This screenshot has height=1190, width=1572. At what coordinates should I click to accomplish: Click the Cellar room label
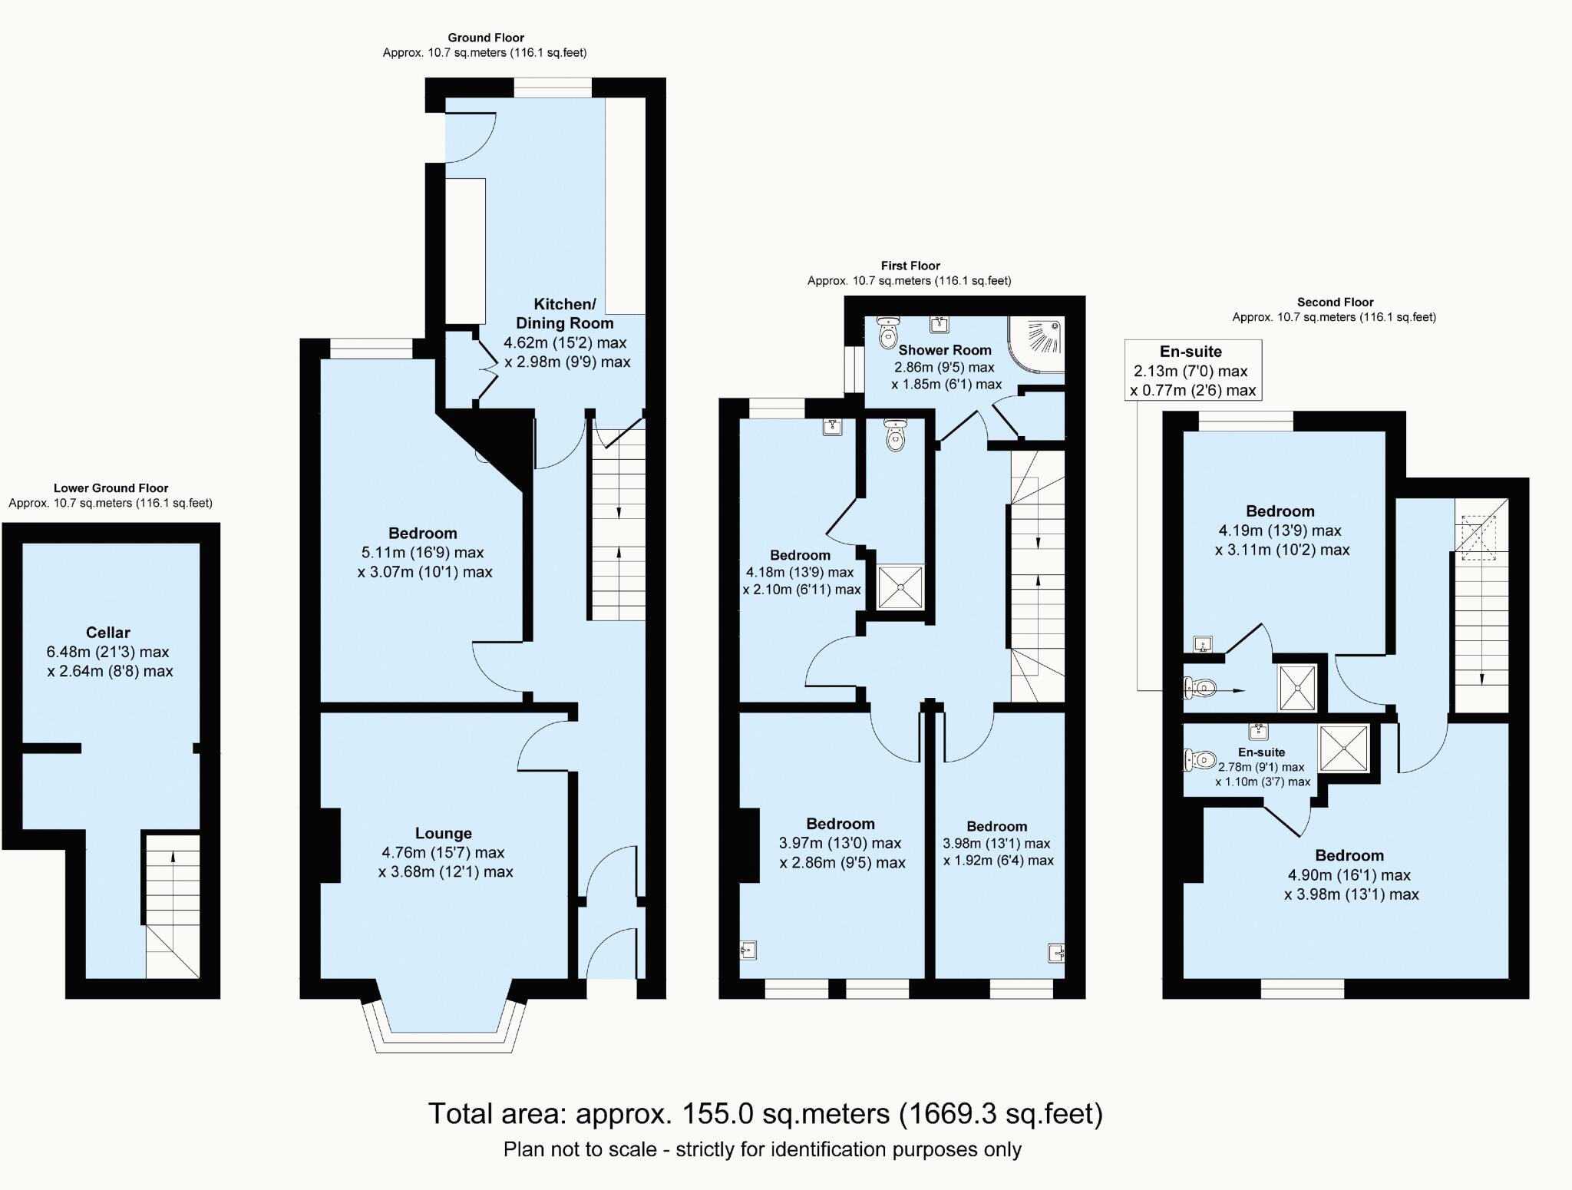107,633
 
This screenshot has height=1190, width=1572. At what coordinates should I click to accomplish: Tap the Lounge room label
443,833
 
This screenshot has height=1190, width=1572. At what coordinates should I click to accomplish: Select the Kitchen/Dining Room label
564,313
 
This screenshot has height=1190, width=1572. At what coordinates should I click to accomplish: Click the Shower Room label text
945,349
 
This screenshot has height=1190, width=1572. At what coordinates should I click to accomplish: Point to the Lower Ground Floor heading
111,488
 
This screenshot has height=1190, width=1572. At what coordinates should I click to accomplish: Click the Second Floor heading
1335,302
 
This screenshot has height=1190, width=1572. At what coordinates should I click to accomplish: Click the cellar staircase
172,906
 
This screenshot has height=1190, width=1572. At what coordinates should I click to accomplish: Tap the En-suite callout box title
1191,352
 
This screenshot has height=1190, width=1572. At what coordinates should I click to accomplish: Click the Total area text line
765,1113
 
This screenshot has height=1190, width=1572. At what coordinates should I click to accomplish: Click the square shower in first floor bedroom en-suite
900,587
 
